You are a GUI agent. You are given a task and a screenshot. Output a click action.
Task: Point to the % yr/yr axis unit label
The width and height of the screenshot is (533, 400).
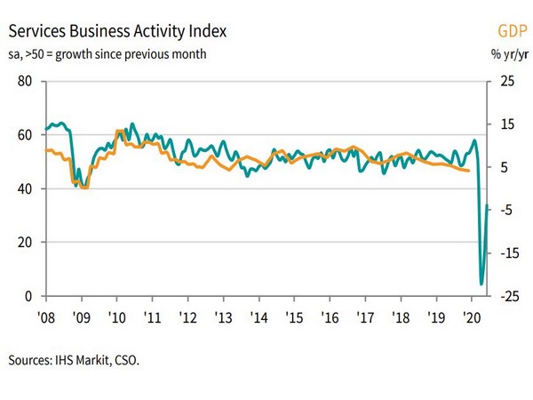click(x=507, y=54)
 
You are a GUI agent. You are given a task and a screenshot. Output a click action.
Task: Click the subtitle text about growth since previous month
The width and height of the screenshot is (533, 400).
click(x=107, y=54)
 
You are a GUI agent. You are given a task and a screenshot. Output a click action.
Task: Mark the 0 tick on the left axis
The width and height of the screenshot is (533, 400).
click(x=29, y=296)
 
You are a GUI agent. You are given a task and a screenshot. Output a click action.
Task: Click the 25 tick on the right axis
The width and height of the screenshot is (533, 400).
click(x=506, y=82)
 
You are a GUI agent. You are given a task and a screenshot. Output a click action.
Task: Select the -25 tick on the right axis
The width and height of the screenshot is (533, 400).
click(x=505, y=296)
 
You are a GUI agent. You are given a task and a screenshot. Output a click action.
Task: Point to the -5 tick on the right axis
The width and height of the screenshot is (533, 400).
click(x=505, y=210)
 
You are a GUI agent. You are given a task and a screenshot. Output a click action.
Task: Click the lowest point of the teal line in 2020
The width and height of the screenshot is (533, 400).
click(x=481, y=284)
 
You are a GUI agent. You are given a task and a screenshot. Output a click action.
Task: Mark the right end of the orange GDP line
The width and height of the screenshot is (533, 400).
click(x=470, y=171)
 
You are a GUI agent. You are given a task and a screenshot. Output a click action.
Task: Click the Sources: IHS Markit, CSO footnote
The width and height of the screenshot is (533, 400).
click(x=75, y=361)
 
